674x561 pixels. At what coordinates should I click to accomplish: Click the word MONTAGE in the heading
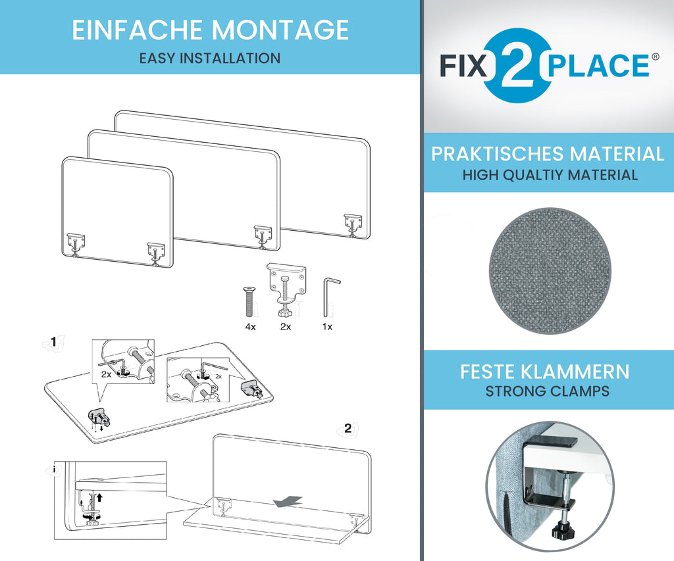click(x=279, y=30)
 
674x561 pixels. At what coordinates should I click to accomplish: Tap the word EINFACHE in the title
click(x=137, y=30)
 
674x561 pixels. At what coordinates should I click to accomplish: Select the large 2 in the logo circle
click(x=517, y=65)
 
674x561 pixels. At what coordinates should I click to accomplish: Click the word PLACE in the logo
click(x=598, y=66)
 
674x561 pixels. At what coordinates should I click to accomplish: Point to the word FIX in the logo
click(x=463, y=66)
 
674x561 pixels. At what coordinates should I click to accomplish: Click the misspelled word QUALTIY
click(x=534, y=175)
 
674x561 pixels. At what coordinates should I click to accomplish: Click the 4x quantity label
click(x=250, y=327)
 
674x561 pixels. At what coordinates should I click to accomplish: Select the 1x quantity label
click(x=327, y=327)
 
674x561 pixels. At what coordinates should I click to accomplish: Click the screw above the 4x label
click(x=249, y=302)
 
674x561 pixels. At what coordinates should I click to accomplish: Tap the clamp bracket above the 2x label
click(x=286, y=289)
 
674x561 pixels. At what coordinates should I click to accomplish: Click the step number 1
click(x=53, y=341)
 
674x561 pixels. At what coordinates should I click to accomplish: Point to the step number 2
click(x=348, y=428)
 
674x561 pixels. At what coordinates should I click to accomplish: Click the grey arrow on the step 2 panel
click(x=288, y=501)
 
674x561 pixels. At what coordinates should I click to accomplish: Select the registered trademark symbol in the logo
click(x=655, y=57)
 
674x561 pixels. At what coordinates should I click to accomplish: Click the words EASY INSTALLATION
click(x=210, y=58)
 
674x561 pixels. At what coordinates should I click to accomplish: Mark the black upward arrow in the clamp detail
click(x=100, y=497)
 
